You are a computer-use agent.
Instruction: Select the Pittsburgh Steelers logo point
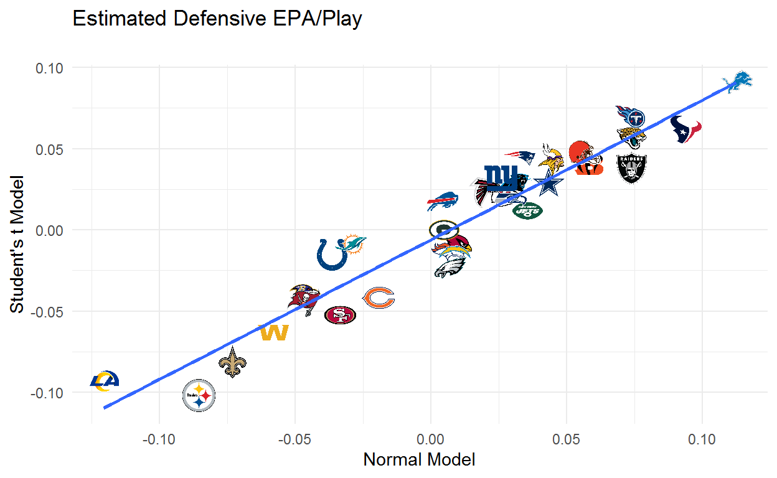click(x=199, y=395)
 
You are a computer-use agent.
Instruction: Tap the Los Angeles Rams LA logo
click(x=104, y=380)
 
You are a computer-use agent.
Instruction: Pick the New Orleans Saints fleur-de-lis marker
click(x=232, y=363)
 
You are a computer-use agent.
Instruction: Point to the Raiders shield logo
click(x=631, y=168)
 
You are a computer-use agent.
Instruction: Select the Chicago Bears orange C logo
click(x=378, y=299)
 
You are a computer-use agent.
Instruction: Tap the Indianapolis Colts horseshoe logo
click(x=332, y=254)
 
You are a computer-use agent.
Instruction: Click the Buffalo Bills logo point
click(x=443, y=202)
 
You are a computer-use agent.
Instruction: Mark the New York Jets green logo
click(x=527, y=211)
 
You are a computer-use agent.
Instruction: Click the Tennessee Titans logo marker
click(x=629, y=115)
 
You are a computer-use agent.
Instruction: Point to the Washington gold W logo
click(x=274, y=333)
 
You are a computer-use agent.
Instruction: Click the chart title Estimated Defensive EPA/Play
click(x=217, y=19)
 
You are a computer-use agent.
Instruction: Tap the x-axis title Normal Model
click(x=418, y=460)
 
